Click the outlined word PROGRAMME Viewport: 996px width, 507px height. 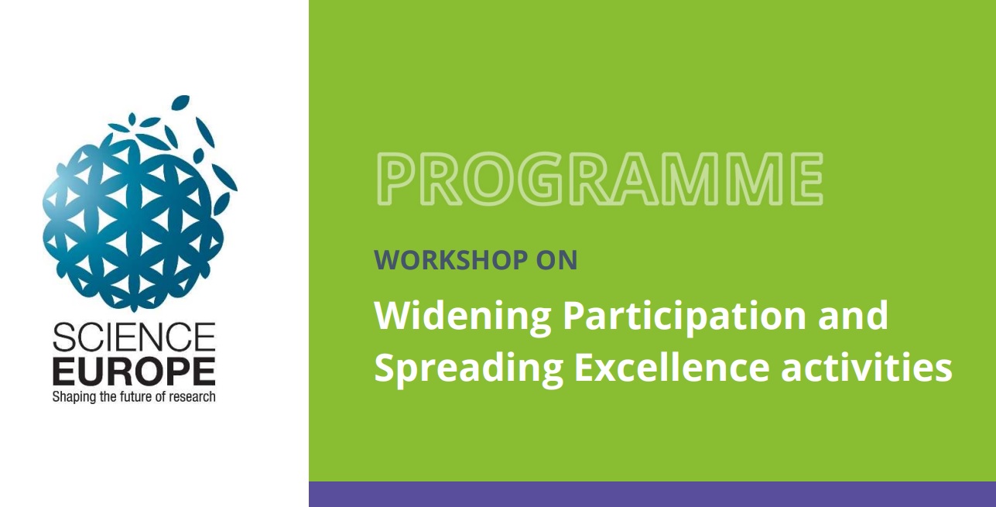(599, 179)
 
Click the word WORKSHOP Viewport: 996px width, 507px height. (450, 260)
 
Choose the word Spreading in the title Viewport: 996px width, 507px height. (468, 370)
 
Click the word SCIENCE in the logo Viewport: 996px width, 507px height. (135, 337)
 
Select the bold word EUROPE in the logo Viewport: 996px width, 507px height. (135, 371)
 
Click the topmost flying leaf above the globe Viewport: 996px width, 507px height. (181, 102)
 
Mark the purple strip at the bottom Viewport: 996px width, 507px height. (652, 494)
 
